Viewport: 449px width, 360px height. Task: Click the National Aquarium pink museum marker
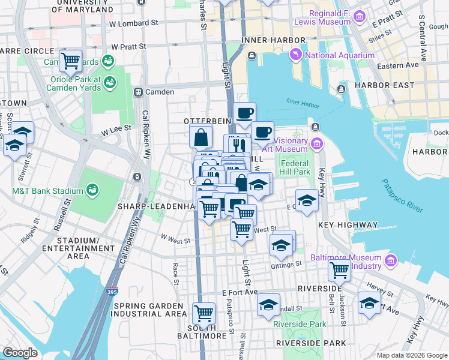(x=297, y=56)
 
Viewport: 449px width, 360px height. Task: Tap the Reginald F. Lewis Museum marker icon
(x=360, y=16)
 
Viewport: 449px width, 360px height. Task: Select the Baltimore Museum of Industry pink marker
(x=391, y=260)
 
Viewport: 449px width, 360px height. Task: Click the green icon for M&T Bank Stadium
(x=92, y=191)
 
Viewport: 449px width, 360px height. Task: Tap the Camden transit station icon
(x=138, y=92)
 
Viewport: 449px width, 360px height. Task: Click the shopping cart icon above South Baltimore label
(x=203, y=313)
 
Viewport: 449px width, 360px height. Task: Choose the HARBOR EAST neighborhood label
(x=401, y=85)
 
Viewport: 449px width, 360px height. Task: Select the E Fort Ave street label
(x=240, y=292)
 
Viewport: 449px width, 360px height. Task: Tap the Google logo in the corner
(x=20, y=352)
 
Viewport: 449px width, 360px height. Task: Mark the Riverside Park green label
(x=300, y=324)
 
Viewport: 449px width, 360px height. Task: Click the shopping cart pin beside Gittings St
(x=339, y=271)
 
